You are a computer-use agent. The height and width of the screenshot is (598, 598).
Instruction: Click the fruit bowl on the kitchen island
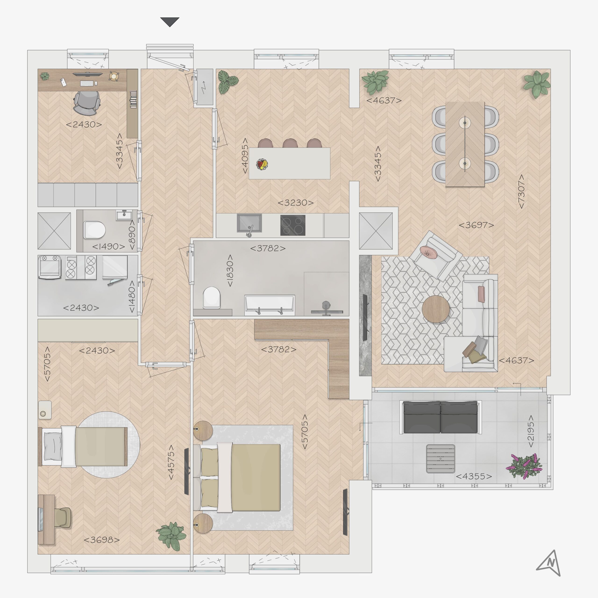262,164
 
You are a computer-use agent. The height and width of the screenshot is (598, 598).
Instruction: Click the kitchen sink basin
249,223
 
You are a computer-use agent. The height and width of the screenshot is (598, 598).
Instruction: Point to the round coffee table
435,309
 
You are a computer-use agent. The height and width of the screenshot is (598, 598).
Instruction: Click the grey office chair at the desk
87,102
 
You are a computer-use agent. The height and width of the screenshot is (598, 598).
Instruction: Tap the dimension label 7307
521,191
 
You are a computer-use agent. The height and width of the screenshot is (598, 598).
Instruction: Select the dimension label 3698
102,540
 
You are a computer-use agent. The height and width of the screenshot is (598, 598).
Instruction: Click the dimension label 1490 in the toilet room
109,246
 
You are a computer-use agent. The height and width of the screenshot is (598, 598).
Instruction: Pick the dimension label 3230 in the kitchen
295,203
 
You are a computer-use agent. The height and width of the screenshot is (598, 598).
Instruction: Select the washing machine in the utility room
49,267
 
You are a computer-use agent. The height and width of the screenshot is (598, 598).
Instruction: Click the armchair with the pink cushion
435,255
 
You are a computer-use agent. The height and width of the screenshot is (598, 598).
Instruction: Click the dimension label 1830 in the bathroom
230,271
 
